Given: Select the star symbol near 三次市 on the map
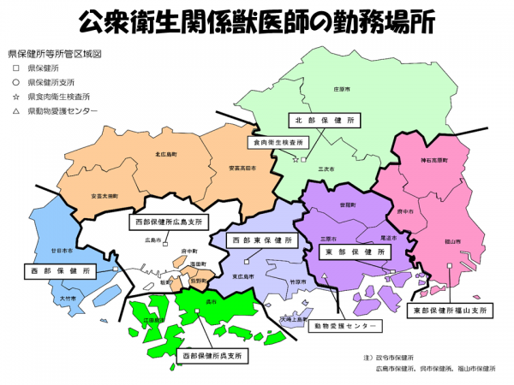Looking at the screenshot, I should pyautogui.click(x=296, y=160).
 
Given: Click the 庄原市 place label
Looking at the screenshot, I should pyautogui.click(x=318, y=88).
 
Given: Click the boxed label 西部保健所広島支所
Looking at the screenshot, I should pyautogui.click(x=169, y=222).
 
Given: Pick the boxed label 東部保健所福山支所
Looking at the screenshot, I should pyautogui.click(x=448, y=309).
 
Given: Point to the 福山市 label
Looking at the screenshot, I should pyautogui.click(x=452, y=243).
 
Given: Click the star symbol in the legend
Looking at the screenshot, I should pyautogui.click(x=15, y=97).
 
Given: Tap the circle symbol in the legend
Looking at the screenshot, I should pyautogui.click(x=15, y=82).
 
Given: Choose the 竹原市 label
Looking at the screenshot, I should pyautogui.click(x=297, y=281).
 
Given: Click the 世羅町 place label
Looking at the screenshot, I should pyautogui.click(x=347, y=205).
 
